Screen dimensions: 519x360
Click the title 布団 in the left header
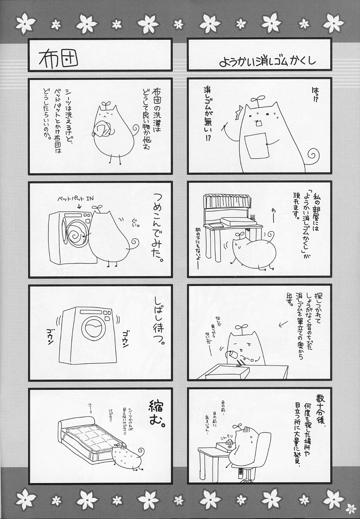pos(58,58)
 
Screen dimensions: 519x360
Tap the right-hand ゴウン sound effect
pos(127,338)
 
